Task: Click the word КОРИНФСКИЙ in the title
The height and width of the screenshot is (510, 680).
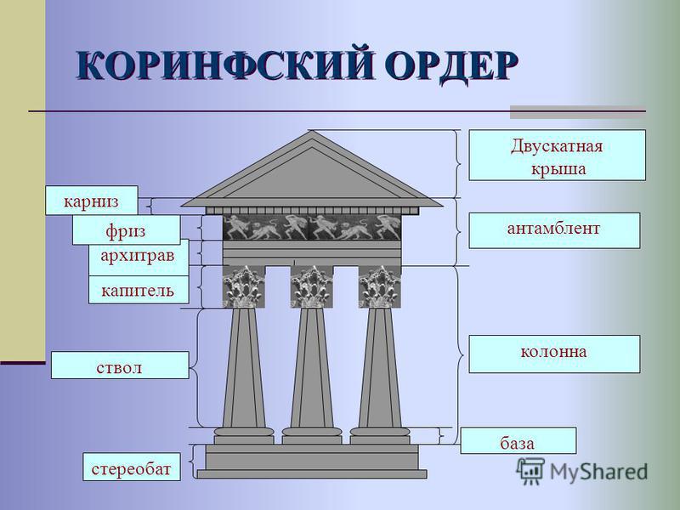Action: click(224, 66)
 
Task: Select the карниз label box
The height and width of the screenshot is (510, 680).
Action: click(92, 201)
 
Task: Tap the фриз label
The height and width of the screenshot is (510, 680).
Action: click(126, 229)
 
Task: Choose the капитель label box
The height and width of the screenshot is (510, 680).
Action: click(139, 290)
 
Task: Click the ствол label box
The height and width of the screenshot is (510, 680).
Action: click(120, 365)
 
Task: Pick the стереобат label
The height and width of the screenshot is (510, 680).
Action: click(132, 467)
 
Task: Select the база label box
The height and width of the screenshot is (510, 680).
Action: click(518, 440)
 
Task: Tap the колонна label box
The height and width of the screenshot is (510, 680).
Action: click(554, 354)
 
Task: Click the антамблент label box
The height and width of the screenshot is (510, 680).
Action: click(554, 230)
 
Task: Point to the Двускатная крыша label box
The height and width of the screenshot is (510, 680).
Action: click(558, 155)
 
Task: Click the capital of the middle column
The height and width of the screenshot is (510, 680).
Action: click(312, 286)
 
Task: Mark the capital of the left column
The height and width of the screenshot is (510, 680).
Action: click(244, 286)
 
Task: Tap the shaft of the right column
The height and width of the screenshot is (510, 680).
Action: click(380, 368)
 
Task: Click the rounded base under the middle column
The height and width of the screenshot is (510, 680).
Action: click(312, 432)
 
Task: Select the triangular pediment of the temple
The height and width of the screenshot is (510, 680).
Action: click(312, 169)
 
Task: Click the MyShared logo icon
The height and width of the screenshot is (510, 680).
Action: click(530, 470)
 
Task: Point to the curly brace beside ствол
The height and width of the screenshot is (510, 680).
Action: click(195, 368)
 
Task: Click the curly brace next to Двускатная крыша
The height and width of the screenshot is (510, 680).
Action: click(458, 163)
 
